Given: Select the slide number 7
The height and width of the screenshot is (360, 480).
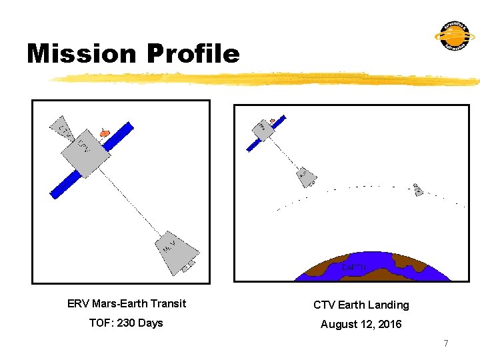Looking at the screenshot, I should (x=446, y=343).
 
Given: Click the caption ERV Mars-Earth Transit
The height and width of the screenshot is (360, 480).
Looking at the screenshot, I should (x=127, y=304).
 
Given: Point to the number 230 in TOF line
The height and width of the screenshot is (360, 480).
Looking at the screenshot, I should (x=127, y=323).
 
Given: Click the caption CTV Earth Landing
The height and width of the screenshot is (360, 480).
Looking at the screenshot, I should (x=361, y=305).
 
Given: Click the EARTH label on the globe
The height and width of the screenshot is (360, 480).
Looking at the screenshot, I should (x=353, y=267).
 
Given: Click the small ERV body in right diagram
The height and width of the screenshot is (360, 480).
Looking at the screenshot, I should (x=264, y=131).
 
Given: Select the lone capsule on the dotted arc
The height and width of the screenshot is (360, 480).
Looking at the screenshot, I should (x=417, y=189).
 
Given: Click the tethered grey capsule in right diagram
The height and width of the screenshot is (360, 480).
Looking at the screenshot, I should (x=306, y=176).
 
